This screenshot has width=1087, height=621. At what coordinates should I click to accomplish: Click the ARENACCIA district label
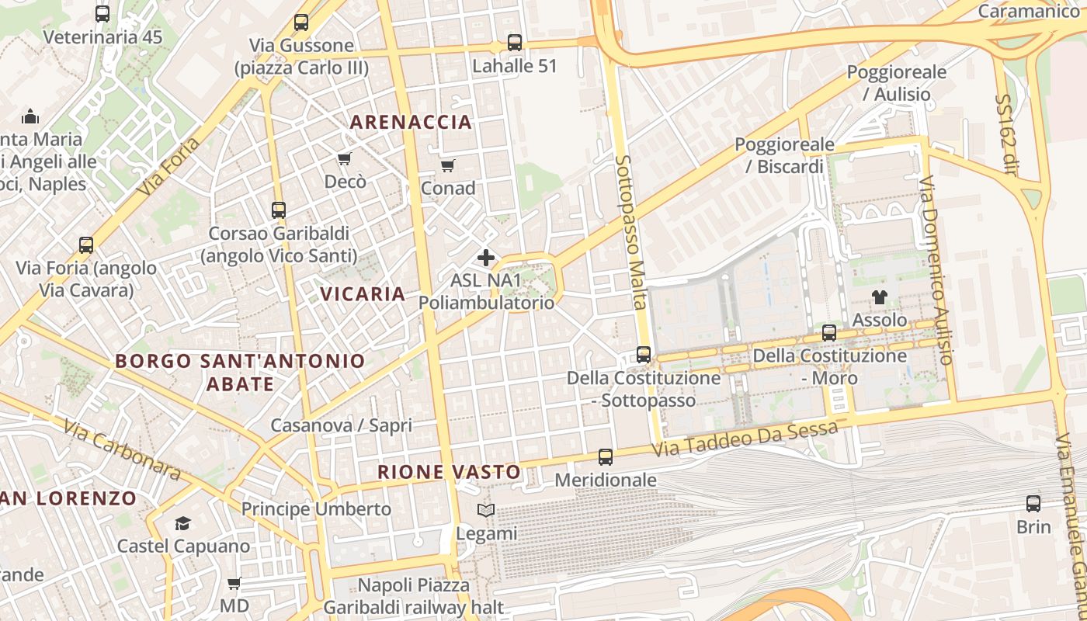411,122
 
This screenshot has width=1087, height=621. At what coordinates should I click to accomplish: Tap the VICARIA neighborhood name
363,294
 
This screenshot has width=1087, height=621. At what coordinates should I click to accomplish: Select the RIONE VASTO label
449,472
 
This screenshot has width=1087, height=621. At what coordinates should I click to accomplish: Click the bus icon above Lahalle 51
515,43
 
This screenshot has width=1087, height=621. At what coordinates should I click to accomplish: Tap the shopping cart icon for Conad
447,165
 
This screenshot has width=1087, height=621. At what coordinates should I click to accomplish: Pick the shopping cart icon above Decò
345,159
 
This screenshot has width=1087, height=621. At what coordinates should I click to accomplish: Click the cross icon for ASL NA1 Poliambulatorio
486,258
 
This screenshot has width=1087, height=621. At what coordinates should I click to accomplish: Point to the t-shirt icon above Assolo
879,297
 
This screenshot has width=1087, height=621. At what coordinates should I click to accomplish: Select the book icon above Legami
486,511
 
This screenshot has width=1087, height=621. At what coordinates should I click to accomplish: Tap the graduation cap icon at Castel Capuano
182,523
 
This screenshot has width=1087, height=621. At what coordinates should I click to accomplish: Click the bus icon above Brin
1033,504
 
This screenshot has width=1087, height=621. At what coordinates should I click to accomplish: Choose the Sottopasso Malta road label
631,232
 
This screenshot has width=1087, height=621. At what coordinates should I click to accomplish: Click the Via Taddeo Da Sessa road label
745,439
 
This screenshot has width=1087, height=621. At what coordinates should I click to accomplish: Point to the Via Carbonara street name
122,450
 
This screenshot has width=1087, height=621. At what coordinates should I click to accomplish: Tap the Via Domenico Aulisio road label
936,270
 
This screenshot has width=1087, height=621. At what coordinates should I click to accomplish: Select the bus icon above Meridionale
606,457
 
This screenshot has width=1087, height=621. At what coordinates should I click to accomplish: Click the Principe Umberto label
316,509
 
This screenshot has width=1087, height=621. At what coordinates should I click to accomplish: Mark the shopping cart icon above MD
234,583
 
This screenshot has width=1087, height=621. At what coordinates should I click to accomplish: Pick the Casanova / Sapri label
341,425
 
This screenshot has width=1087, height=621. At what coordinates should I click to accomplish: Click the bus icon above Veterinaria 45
102,14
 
